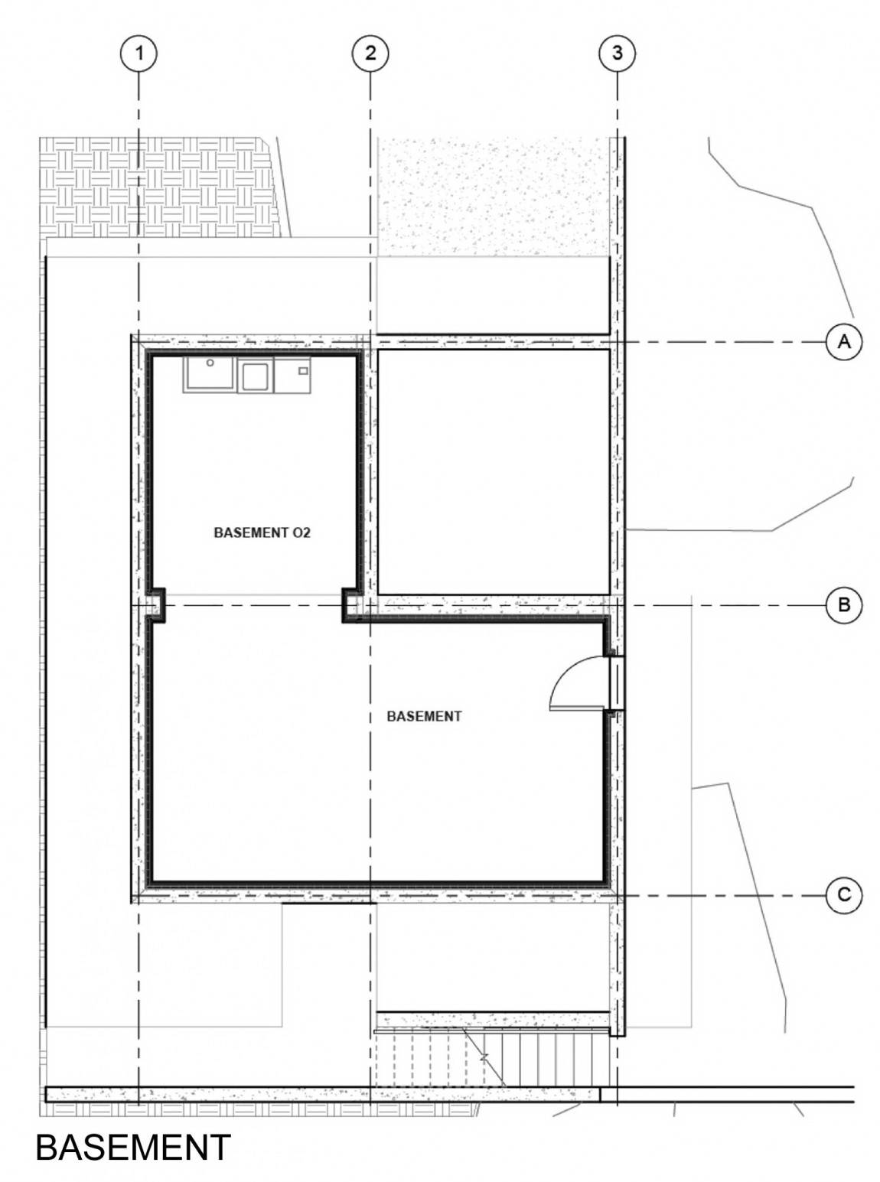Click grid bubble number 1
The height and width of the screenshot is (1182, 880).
[139, 54]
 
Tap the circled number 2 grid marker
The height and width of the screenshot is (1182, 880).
[370, 54]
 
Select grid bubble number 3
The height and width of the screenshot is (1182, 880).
[618, 54]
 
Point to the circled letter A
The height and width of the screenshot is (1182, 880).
[844, 341]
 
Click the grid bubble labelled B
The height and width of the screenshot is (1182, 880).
[844, 605]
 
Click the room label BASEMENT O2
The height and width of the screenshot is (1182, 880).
[262, 533]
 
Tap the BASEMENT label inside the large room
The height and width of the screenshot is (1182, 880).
[424, 716]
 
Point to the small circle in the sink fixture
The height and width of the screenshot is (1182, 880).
[210, 363]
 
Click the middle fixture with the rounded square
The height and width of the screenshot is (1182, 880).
[256, 375]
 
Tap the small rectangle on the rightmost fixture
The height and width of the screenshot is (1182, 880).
[303, 370]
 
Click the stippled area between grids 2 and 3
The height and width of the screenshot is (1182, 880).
[494, 196]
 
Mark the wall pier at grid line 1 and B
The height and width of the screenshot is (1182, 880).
[155, 605]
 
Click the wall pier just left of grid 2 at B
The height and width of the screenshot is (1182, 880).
[352, 605]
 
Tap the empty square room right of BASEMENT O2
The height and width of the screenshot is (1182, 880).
[494, 471]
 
